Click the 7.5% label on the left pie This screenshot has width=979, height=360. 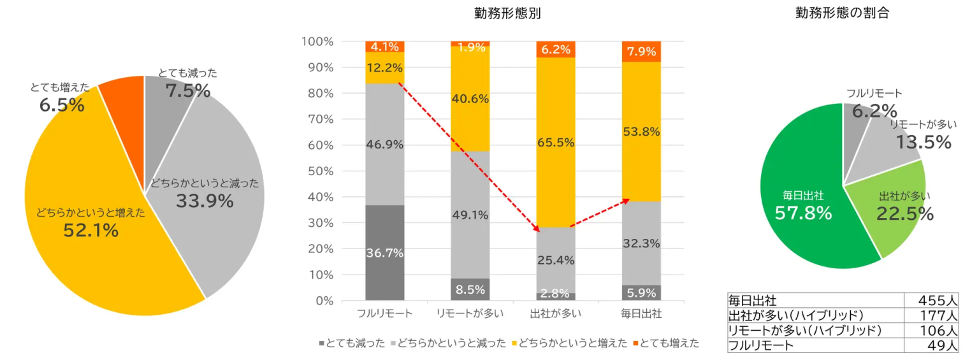188,91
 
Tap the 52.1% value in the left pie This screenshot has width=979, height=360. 91,231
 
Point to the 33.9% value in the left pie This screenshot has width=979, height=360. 205,201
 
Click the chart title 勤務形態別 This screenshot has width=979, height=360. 507,13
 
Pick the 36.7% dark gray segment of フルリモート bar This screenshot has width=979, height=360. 385,253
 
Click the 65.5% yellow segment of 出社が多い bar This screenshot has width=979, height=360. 556,142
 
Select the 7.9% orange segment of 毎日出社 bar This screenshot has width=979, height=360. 641,51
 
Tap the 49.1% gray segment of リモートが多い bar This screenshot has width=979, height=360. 470,215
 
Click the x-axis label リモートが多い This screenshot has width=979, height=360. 470,313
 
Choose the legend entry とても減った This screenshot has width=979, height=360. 352,343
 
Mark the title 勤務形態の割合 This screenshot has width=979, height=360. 842,13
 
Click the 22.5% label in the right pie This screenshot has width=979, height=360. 904,214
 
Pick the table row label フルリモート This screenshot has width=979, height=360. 761,346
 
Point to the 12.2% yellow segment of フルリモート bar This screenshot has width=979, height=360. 385,68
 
